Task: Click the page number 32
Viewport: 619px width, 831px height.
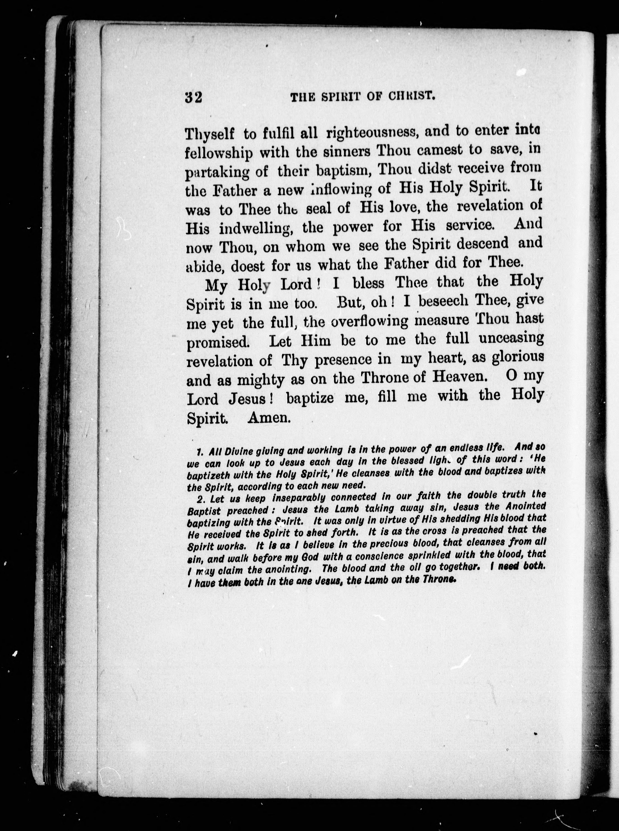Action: pos(194,98)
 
